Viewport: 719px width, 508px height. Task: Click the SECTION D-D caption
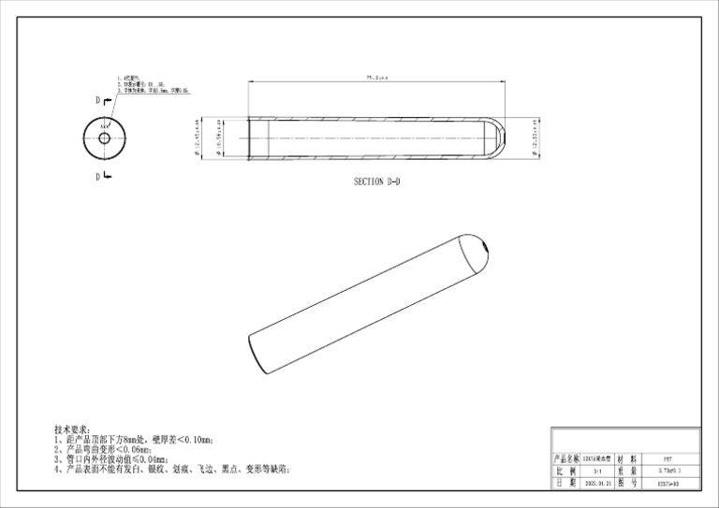(x=381, y=181)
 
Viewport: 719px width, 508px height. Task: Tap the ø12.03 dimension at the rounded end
(x=536, y=137)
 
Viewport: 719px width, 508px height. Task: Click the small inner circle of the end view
(x=104, y=138)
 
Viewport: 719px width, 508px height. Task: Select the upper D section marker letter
(x=96, y=98)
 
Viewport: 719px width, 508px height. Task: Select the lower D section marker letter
(x=96, y=176)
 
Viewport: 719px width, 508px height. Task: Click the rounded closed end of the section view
(x=500, y=137)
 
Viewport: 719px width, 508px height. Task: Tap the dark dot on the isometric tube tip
(x=487, y=248)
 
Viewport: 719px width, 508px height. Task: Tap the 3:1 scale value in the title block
(x=595, y=472)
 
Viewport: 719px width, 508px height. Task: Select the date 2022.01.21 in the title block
(x=595, y=484)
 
